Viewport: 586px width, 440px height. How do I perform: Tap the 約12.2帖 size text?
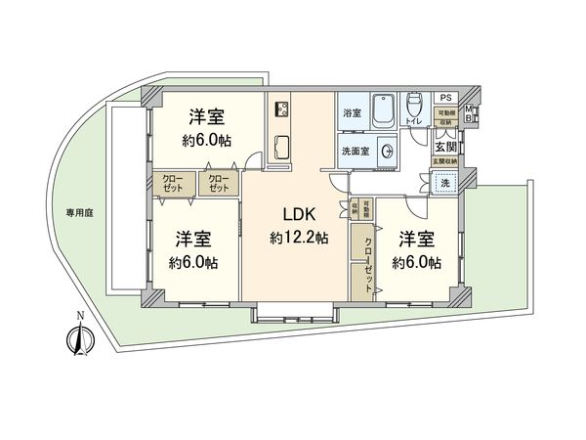299,238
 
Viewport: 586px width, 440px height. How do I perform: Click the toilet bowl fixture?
414,106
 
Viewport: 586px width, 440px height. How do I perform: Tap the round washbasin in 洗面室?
390,152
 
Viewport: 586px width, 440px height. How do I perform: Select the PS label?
444,97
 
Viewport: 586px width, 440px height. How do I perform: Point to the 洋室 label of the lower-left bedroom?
194,240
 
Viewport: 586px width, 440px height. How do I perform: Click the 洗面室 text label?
355,152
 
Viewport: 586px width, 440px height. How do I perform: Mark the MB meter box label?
469,113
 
